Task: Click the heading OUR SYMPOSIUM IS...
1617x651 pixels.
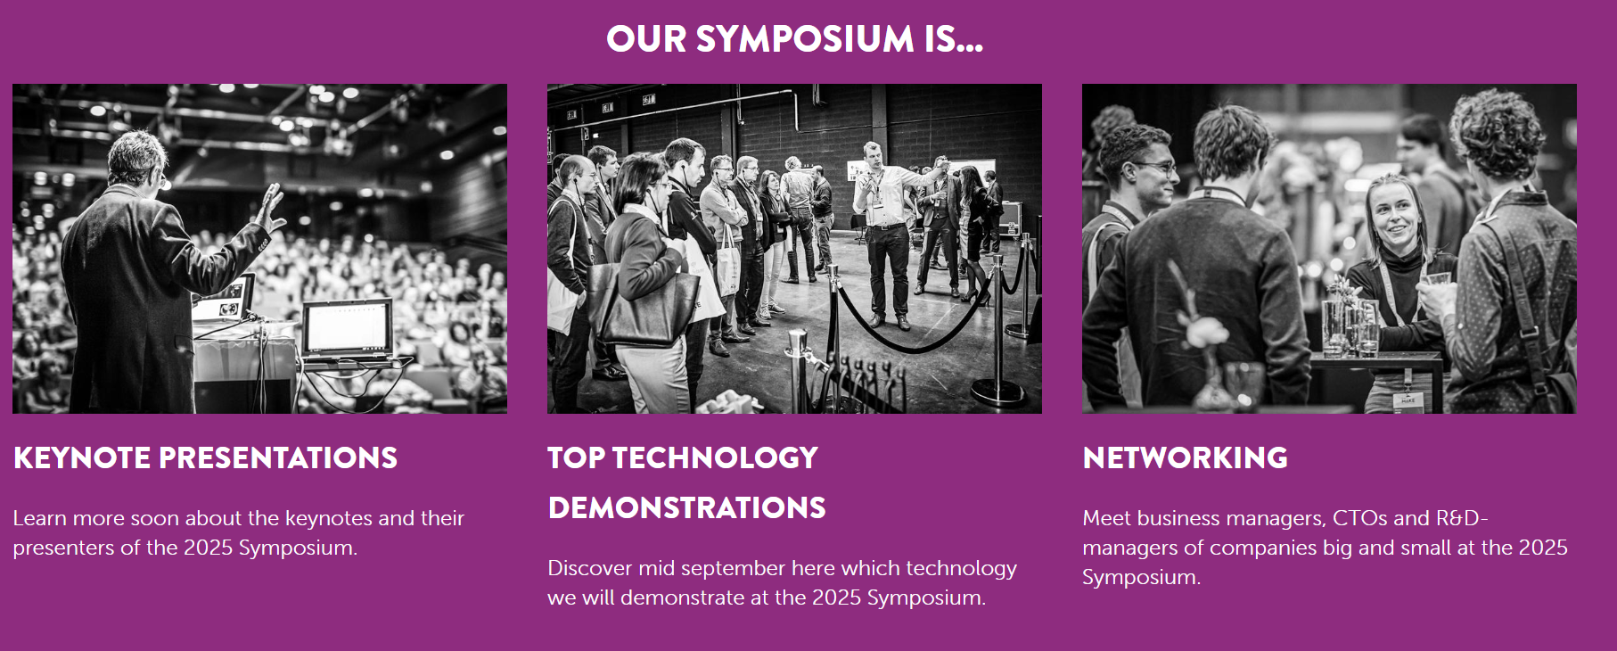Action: pyautogui.click(x=794, y=39)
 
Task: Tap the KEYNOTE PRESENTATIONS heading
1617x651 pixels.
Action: pyautogui.click(x=205, y=457)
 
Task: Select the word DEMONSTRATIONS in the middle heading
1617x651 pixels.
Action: pyautogui.click(x=687, y=507)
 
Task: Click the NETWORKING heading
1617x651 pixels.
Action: pyautogui.click(x=1185, y=457)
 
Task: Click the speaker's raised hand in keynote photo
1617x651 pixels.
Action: pyautogui.click(x=269, y=208)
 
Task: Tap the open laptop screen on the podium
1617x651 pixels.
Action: pyautogui.click(x=347, y=327)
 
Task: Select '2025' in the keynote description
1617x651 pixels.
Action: pyautogui.click(x=209, y=548)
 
